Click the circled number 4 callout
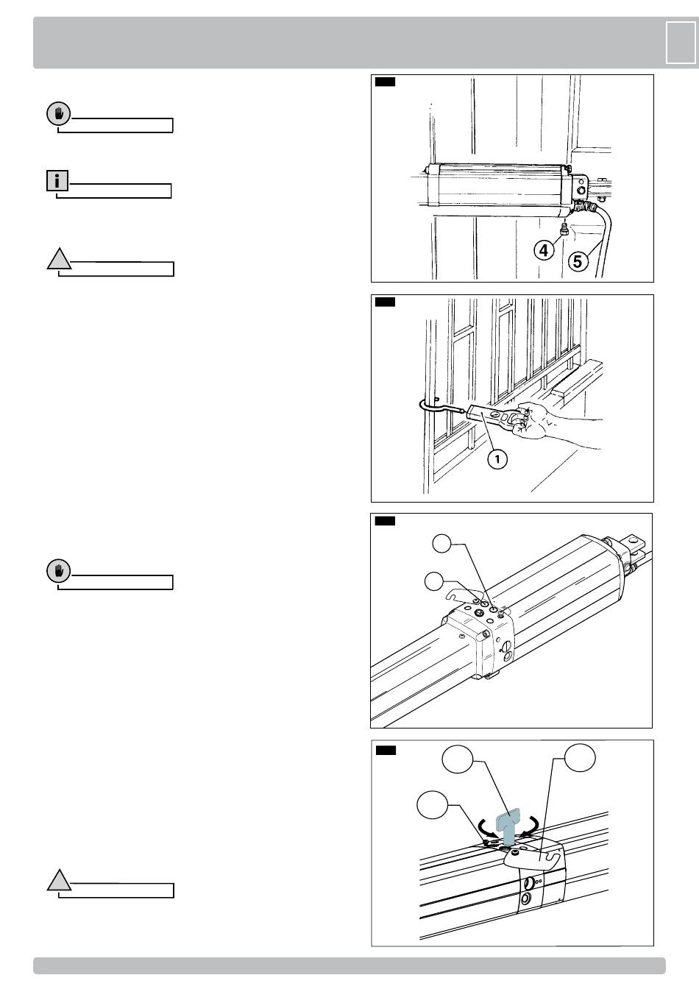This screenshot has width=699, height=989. point(544,251)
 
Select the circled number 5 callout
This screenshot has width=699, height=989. point(578,260)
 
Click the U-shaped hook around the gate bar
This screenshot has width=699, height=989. point(434,408)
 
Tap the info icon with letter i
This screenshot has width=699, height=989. point(57,180)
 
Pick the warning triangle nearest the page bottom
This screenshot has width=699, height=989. point(59,880)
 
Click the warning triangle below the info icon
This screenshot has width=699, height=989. point(59,259)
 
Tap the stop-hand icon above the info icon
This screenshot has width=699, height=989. point(58,114)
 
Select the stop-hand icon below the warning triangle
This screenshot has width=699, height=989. point(58,571)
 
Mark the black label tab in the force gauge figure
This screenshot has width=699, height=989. point(386,302)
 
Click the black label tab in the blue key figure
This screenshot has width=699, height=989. point(386,751)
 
